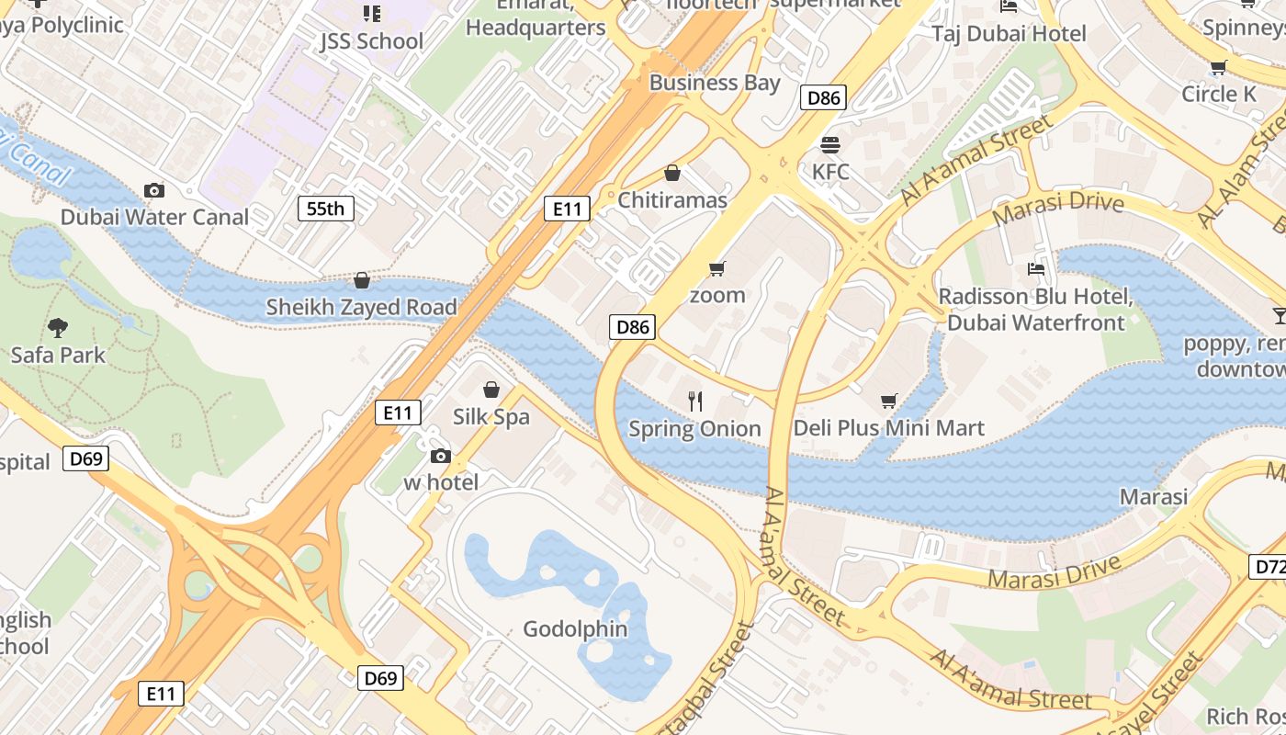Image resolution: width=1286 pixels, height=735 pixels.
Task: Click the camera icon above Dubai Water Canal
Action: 154,190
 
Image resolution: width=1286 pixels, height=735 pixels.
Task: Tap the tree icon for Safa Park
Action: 58,327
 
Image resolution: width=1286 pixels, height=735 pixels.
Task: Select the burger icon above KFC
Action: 830,144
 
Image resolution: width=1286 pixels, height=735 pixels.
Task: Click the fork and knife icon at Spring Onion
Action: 695,401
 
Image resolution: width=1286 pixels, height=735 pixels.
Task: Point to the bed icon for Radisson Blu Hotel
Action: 1035,269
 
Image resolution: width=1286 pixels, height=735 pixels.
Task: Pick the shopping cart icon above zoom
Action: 717,268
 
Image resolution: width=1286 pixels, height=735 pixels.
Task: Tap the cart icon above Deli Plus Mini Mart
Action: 888,401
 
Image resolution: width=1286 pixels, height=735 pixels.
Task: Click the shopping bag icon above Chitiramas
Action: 672,173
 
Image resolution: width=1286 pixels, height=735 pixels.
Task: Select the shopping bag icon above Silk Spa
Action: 491,390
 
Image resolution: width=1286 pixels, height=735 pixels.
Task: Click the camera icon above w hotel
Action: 441,456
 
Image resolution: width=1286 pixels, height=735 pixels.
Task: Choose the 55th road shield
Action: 325,209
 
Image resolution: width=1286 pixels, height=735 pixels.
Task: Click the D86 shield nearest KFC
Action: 822,97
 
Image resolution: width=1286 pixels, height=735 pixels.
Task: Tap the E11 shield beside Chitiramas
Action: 567,209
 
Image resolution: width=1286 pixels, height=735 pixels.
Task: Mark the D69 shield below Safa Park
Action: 86,458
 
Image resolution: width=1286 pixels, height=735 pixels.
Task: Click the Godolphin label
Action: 575,629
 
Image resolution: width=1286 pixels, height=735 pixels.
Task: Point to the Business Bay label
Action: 715,83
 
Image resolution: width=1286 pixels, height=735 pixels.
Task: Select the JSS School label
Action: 372,41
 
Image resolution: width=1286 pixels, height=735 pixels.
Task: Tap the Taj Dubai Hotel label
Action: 1009,34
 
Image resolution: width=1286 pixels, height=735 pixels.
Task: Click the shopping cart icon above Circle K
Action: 1218,67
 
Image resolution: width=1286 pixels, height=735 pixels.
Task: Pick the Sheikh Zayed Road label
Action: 361,307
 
